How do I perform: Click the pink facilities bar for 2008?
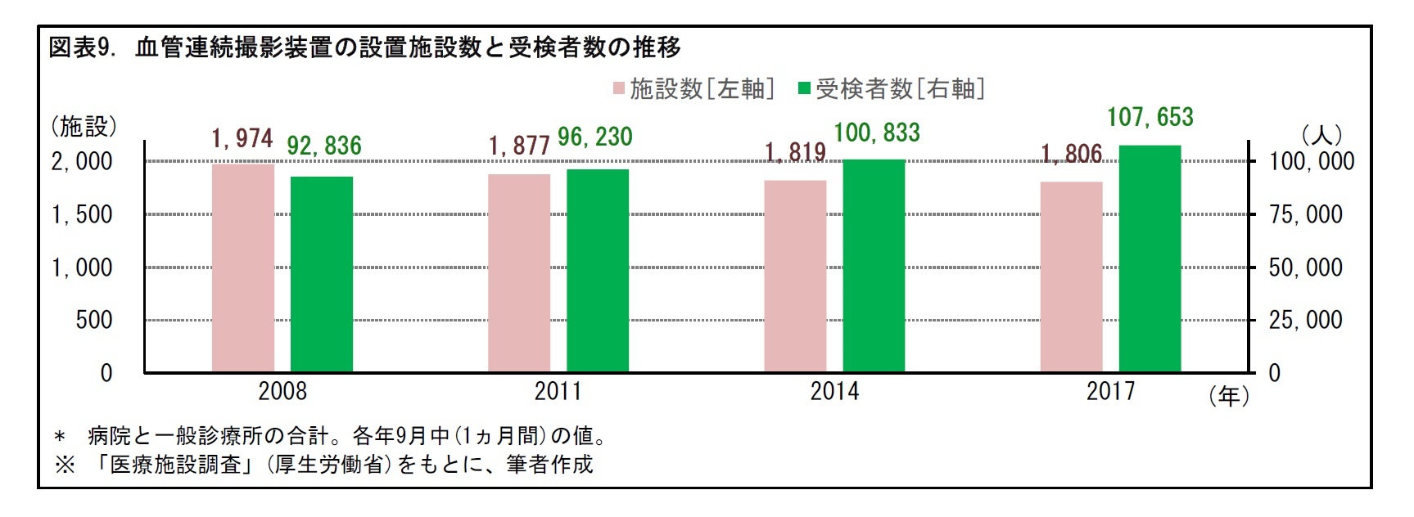coord(243,268)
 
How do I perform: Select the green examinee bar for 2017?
coord(1150,259)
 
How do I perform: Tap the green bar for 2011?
coord(598,271)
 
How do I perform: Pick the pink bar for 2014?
coord(795,276)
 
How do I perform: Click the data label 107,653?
coord(1150,118)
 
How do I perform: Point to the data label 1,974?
coord(242,139)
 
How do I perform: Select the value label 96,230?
coord(595,137)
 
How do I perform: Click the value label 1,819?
coord(795,153)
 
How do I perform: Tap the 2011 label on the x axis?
coord(558,392)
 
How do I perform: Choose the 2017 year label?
coord(1110,392)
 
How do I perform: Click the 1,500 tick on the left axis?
coord(82,215)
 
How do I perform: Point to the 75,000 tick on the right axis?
coord(1305,215)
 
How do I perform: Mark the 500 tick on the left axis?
coord(94,320)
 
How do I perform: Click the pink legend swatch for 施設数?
coord(619,88)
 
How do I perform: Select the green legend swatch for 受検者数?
coord(804,88)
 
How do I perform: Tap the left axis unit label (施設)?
coord(84,127)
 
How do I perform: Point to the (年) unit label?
coord(1229,397)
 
